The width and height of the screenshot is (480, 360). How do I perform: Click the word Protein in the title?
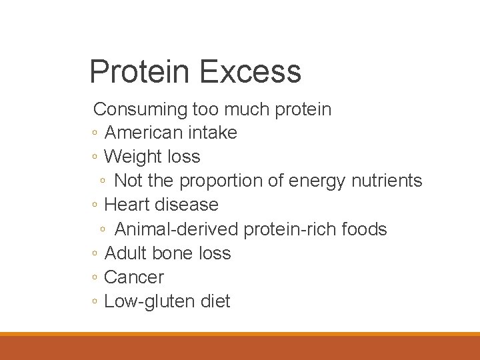(x=139, y=71)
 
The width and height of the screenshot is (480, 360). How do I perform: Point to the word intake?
(x=211, y=133)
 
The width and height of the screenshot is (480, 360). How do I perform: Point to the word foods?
(x=364, y=229)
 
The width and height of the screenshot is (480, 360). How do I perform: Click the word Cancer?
(x=134, y=277)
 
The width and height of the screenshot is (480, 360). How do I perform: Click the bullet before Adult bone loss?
(x=96, y=254)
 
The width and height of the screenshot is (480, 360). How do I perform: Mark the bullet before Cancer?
(x=96, y=278)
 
